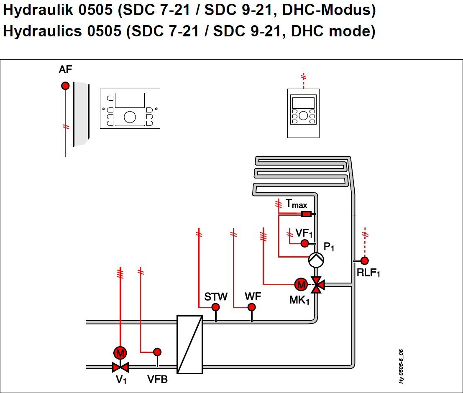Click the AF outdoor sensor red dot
click(x=65, y=86)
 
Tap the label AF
click(x=65, y=70)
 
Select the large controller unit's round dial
click(x=130, y=117)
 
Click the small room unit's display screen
click(x=303, y=103)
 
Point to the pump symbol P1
click(x=316, y=260)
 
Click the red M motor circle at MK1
click(x=301, y=285)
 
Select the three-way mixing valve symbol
click(x=317, y=285)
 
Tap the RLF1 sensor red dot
click(x=365, y=261)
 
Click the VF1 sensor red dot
click(x=305, y=243)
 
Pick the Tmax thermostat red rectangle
click(x=306, y=214)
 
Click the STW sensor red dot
click(x=216, y=307)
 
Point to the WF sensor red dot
click(x=252, y=307)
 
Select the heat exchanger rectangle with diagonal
click(x=190, y=345)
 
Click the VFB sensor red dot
click(x=157, y=352)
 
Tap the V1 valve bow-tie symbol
click(x=120, y=367)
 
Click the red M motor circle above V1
click(x=120, y=353)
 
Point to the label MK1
click(x=299, y=300)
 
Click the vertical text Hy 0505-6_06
click(x=401, y=366)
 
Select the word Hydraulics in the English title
click(x=42, y=31)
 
